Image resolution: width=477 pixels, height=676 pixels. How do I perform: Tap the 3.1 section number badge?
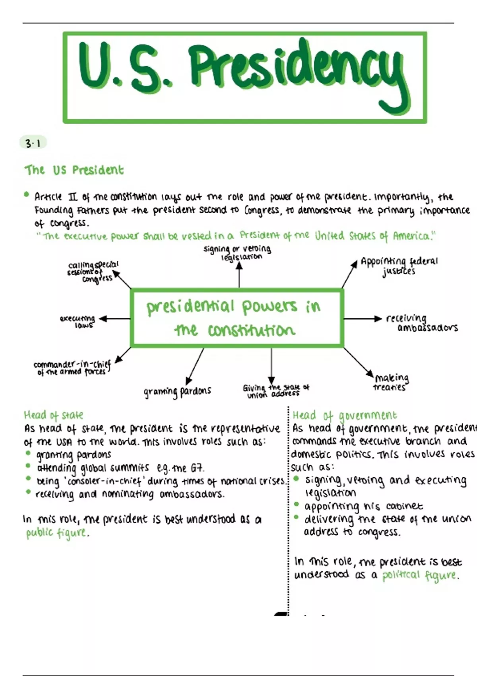pyautogui.click(x=33, y=143)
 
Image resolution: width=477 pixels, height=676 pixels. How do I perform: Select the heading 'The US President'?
pyautogui.click(x=74, y=170)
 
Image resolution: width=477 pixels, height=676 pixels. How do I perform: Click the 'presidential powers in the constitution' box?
pyautogui.click(x=237, y=318)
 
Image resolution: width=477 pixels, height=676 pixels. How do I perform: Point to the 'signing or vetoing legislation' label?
pyautogui.click(x=238, y=253)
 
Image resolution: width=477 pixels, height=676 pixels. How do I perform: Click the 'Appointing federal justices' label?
pyautogui.click(x=399, y=266)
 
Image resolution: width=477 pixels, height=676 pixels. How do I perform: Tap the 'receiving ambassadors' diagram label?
pyautogui.click(x=421, y=323)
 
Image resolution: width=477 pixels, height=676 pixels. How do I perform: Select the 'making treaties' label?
pyautogui.click(x=391, y=382)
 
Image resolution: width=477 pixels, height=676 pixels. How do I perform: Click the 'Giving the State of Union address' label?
pyautogui.click(x=275, y=390)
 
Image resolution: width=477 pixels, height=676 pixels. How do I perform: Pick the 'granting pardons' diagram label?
pyautogui.click(x=177, y=392)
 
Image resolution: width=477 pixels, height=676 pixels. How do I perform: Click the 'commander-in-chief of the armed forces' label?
pyautogui.click(x=72, y=368)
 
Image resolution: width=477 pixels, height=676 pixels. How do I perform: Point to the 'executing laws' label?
pyautogui.click(x=78, y=321)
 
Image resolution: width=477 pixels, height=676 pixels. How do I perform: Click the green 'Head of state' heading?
pyautogui.click(x=53, y=416)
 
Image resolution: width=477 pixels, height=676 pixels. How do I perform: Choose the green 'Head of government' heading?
pyautogui.click(x=344, y=416)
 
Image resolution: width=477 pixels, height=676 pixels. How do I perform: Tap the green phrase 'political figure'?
pyautogui.click(x=420, y=575)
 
